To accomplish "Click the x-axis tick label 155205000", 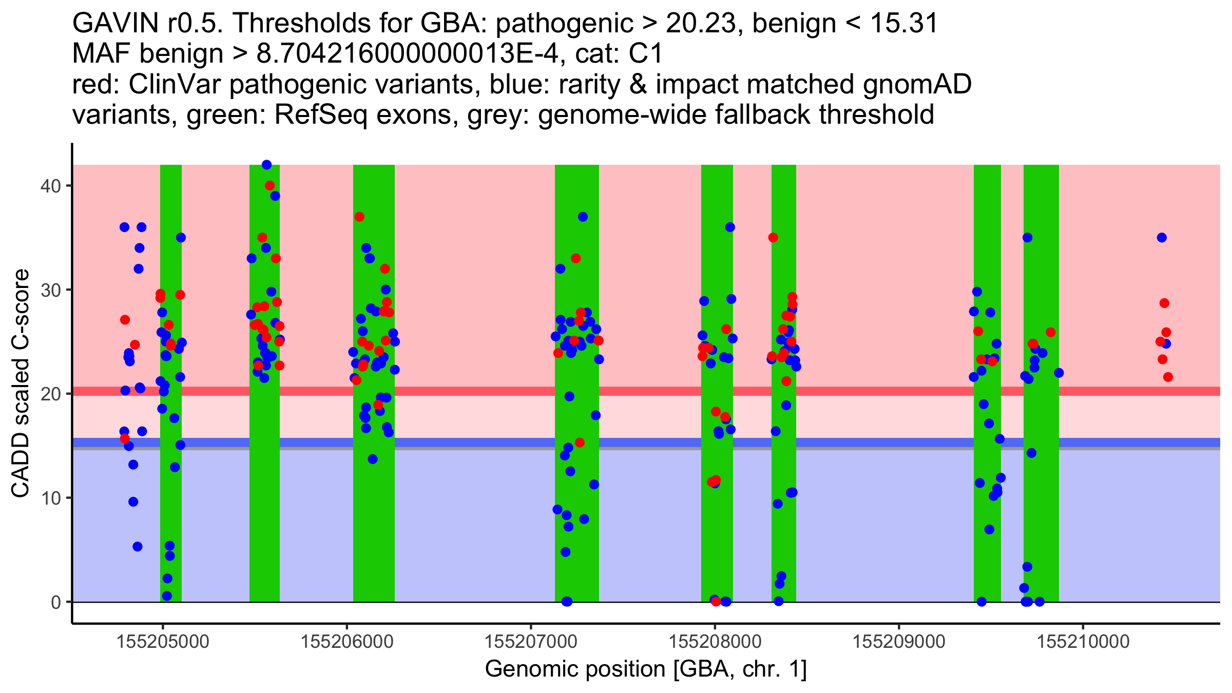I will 163,642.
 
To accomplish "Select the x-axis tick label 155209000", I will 899,642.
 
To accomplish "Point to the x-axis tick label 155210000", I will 1083,642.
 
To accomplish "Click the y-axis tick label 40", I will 50,186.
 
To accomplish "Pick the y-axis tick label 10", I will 50,498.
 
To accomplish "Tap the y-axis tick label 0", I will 55,602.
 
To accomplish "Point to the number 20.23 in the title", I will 700,23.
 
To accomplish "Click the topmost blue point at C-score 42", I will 266,165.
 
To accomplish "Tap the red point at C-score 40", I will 269,185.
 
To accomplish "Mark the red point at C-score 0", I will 716,602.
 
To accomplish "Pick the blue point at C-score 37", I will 583,217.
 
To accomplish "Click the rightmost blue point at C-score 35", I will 1162,238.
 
